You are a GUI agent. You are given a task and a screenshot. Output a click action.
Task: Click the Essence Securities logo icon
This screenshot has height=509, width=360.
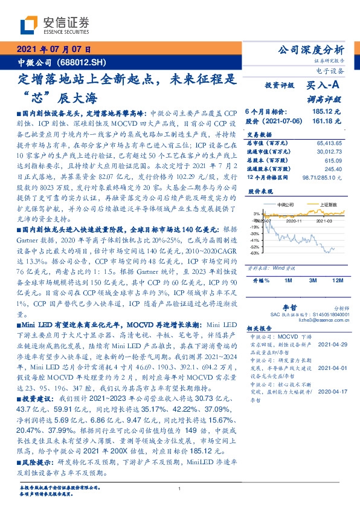[29, 25]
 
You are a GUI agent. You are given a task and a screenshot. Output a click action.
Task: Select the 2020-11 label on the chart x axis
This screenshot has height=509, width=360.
[294, 222]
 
